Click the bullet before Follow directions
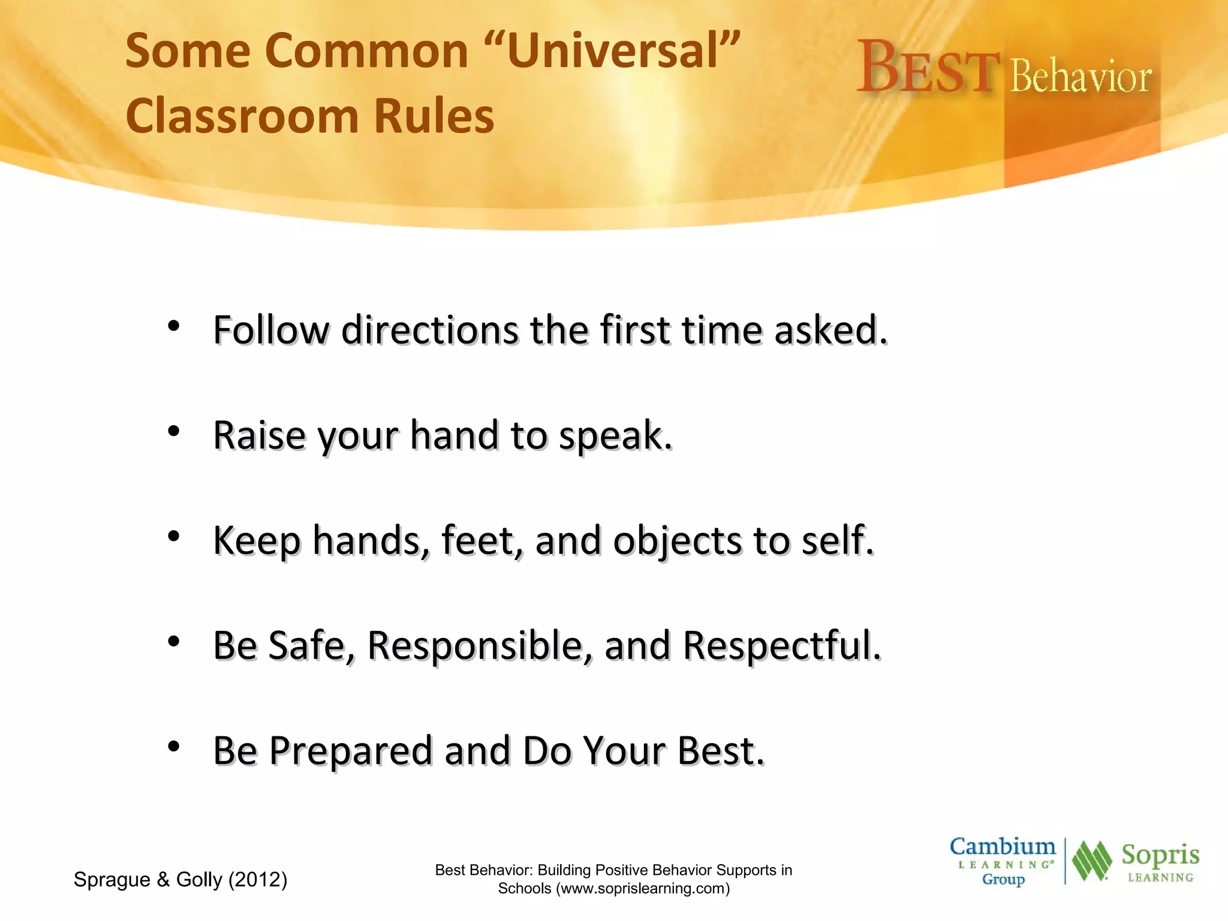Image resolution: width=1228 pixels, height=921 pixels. tap(174, 326)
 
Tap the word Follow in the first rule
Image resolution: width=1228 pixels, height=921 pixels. tap(271, 330)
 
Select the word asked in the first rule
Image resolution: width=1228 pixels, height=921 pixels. tap(830, 330)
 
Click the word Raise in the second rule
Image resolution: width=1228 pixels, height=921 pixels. tap(259, 435)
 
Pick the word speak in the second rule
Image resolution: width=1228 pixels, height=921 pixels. tap(614, 437)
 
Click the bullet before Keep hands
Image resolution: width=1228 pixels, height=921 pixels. tap(174, 536)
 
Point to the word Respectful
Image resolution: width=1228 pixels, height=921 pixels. tap(781, 646)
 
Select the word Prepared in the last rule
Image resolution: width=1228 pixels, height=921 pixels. tap(350, 751)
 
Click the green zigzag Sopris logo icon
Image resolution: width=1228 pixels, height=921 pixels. tap(1092, 861)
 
